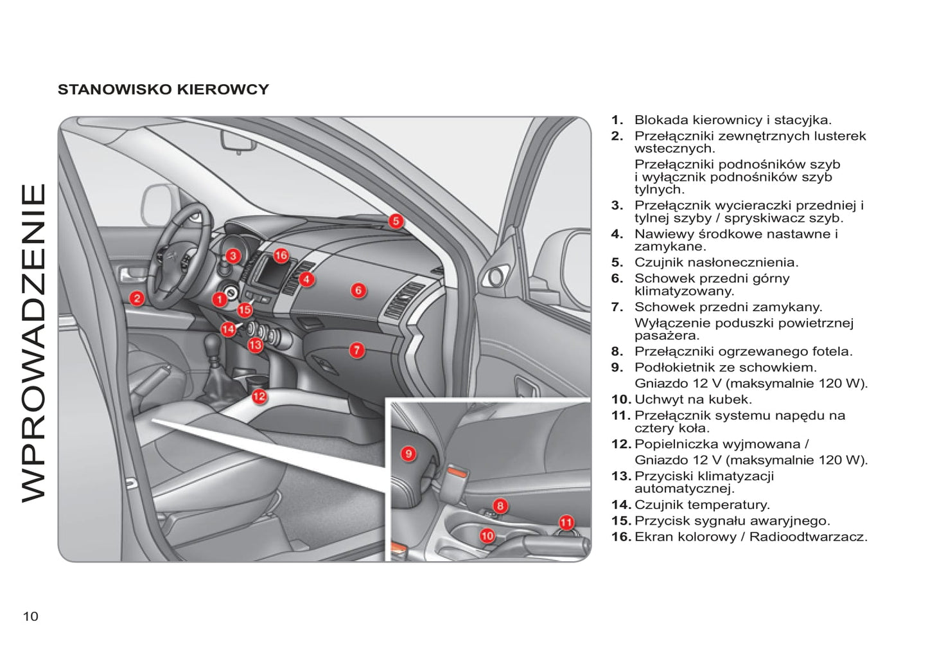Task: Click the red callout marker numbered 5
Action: pos(396,221)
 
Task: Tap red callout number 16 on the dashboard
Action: pos(281,256)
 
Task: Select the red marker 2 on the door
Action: pos(137,298)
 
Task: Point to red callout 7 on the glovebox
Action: pos(357,350)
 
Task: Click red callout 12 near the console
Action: pos(259,397)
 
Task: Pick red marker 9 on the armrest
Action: pos(408,454)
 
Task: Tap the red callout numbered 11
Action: pos(566,523)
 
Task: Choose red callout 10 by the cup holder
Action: pos(487,535)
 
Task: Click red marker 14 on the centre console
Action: pos(228,330)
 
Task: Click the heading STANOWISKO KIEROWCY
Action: pos(163,89)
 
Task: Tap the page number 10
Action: pos(31,616)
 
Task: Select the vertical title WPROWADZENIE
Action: pos(34,343)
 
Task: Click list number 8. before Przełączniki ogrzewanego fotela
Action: pos(617,352)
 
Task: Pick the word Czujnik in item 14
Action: pos(658,505)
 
